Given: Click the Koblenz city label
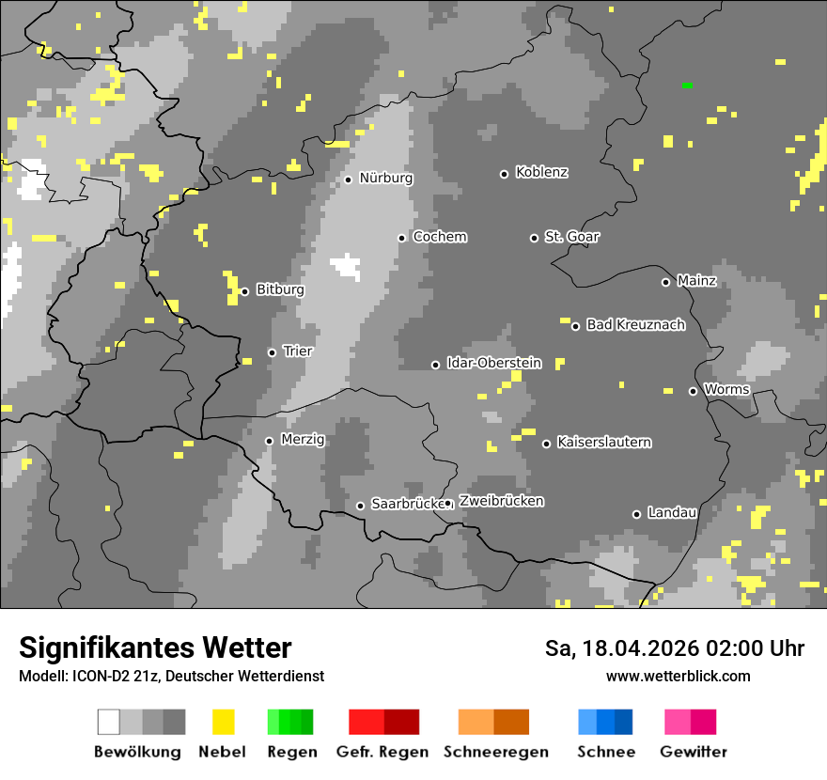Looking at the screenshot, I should pyautogui.click(x=541, y=173).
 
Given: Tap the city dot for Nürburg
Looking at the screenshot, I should pyautogui.click(x=348, y=179).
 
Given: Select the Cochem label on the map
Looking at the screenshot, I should pyautogui.click(x=440, y=237).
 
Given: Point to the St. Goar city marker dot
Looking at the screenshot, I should pyautogui.click(x=534, y=238).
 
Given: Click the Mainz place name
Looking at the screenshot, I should pyautogui.click(x=696, y=281).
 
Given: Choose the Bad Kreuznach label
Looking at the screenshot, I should pyautogui.click(x=635, y=325).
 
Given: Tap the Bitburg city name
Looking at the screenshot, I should pyautogui.click(x=280, y=290).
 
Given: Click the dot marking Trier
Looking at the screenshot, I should pyautogui.click(x=272, y=352).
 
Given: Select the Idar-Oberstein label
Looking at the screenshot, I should pyautogui.click(x=494, y=363).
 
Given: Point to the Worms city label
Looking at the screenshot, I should pyautogui.click(x=726, y=389).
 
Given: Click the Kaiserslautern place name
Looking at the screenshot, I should pyautogui.click(x=603, y=442).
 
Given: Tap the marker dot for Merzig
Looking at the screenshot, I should pyautogui.click(x=269, y=441).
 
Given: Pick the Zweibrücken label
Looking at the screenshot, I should pyautogui.click(x=501, y=501).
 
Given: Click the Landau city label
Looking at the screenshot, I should pyautogui.click(x=672, y=513).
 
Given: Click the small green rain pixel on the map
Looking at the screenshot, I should pyautogui.click(x=687, y=86).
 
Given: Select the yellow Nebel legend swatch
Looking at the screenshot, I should pyautogui.click(x=223, y=722).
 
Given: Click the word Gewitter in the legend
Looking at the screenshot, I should pyautogui.click(x=693, y=752).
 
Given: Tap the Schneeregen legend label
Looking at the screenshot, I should pyautogui.click(x=495, y=752).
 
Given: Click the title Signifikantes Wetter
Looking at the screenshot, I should pyautogui.click(x=155, y=647).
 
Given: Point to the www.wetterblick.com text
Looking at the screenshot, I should pyautogui.click(x=678, y=676).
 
